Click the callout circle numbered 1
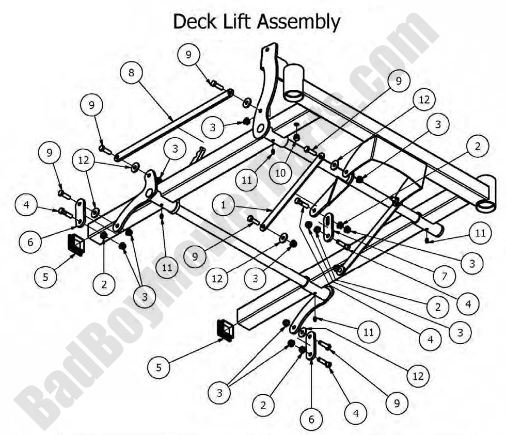(x=223, y=205)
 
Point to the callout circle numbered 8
(x=131, y=73)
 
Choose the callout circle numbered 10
(x=280, y=173)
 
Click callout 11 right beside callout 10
(x=247, y=181)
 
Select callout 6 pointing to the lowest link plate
(x=311, y=420)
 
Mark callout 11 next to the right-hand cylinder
(x=480, y=233)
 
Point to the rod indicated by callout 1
(x=289, y=191)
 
